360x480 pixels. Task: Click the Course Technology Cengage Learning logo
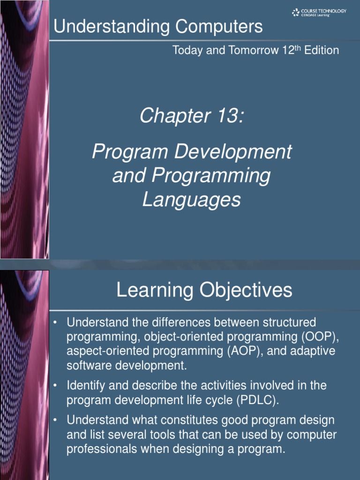pos(319,13)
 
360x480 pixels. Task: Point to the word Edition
pos(322,51)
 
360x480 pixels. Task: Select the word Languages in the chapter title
pos(191,200)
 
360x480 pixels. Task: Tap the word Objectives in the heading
pos(247,291)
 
